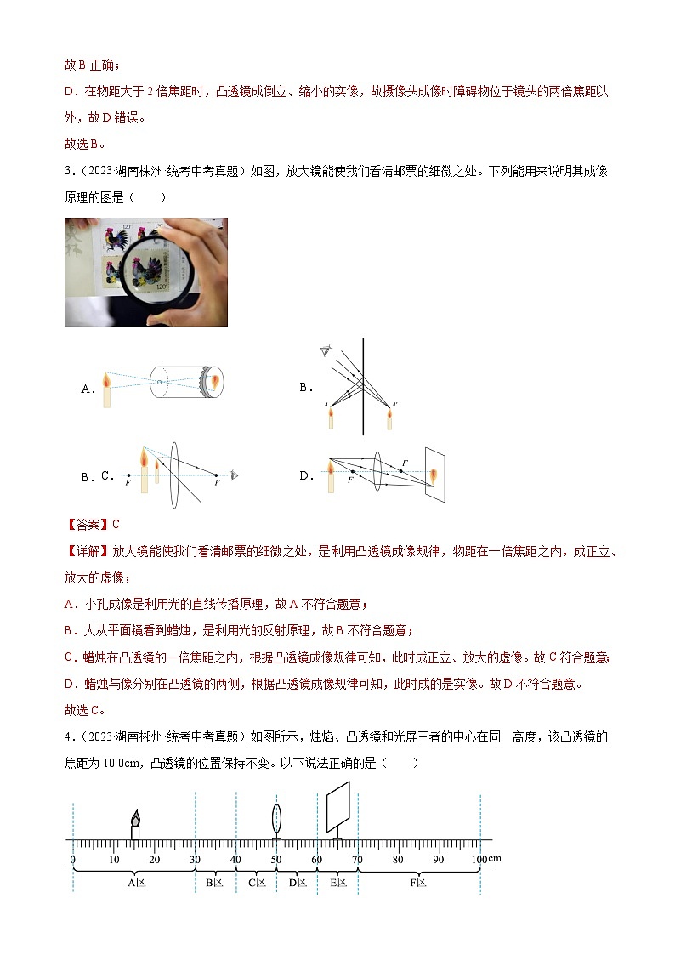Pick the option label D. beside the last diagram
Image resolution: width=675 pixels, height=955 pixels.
(307, 476)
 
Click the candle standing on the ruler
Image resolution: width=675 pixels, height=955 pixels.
(134, 826)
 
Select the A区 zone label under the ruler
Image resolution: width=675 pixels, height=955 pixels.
(136, 883)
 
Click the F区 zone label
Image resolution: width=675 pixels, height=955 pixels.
(418, 883)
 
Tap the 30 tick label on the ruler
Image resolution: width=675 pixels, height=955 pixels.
(196, 860)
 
